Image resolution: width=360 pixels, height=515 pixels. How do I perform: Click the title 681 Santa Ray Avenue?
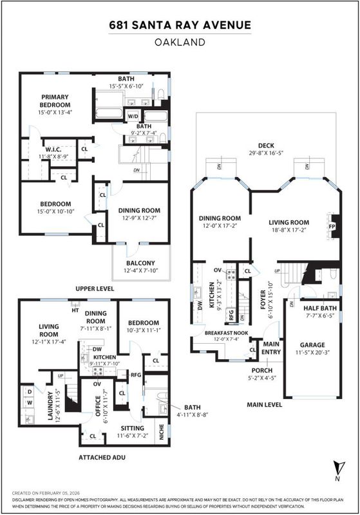pyautogui.click(x=180, y=25)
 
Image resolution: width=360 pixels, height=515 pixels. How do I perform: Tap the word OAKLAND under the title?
pyautogui.click(x=180, y=42)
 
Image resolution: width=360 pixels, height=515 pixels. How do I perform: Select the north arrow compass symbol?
pyautogui.click(x=338, y=467)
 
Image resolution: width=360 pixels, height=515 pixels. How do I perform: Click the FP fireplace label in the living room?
pyautogui.click(x=331, y=227)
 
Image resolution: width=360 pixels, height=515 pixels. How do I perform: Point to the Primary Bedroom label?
pyautogui.click(x=55, y=101)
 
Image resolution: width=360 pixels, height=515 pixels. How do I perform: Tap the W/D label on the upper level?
pyautogui.click(x=133, y=117)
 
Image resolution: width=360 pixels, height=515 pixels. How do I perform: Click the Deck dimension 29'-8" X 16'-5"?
pyautogui.click(x=266, y=153)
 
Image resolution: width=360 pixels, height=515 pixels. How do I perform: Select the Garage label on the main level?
pyautogui.click(x=312, y=345)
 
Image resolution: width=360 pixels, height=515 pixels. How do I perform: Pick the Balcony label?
pyautogui.click(x=140, y=263)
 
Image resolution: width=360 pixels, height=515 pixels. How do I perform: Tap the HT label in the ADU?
pyautogui.click(x=75, y=310)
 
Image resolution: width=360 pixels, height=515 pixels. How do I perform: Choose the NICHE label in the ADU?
pyautogui.click(x=161, y=433)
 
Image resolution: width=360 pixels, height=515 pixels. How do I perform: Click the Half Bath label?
pyautogui.click(x=320, y=308)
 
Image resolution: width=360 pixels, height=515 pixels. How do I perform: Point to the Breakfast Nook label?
pyautogui.click(x=226, y=333)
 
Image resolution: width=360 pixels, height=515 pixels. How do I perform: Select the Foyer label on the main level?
pyautogui.click(x=263, y=299)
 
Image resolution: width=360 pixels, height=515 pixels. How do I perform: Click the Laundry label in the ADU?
pyautogui.click(x=50, y=406)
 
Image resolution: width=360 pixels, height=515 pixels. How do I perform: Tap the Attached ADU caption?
pyautogui.click(x=102, y=457)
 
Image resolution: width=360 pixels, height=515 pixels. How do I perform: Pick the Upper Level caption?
pyautogui.click(x=95, y=288)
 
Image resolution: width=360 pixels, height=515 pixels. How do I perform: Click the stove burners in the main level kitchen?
pyautogui.click(x=231, y=274)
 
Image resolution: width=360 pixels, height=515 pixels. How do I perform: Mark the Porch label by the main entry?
pyautogui.click(x=261, y=371)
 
